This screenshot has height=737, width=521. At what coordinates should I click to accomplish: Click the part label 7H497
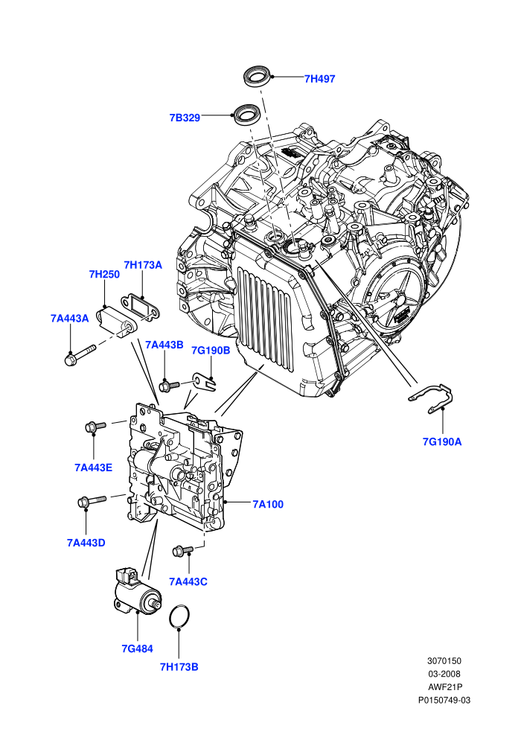click(319, 79)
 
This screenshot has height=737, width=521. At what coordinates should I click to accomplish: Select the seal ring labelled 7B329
click(247, 114)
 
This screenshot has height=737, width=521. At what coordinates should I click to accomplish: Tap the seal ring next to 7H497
click(257, 77)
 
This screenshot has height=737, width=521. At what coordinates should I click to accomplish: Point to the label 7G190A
click(442, 441)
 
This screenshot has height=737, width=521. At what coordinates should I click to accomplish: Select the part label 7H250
click(104, 274)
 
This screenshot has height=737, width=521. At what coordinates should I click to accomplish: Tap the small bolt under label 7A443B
click(169, 386)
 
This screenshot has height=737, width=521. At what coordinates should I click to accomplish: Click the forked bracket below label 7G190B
click(205, 383)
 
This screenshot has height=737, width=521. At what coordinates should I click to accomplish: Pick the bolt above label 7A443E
click(95, 427)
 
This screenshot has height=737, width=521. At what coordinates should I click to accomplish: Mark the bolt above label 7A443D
click(92, 500)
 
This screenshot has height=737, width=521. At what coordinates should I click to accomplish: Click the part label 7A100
click(268, 504)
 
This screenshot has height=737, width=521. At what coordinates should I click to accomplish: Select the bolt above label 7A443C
click(183, 550)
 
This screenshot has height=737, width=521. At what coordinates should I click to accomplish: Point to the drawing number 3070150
click(444, 661)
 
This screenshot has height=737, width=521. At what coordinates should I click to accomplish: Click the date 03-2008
click(444, 674)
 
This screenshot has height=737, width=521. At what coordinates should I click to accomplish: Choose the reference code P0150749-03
click(444, 701)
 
